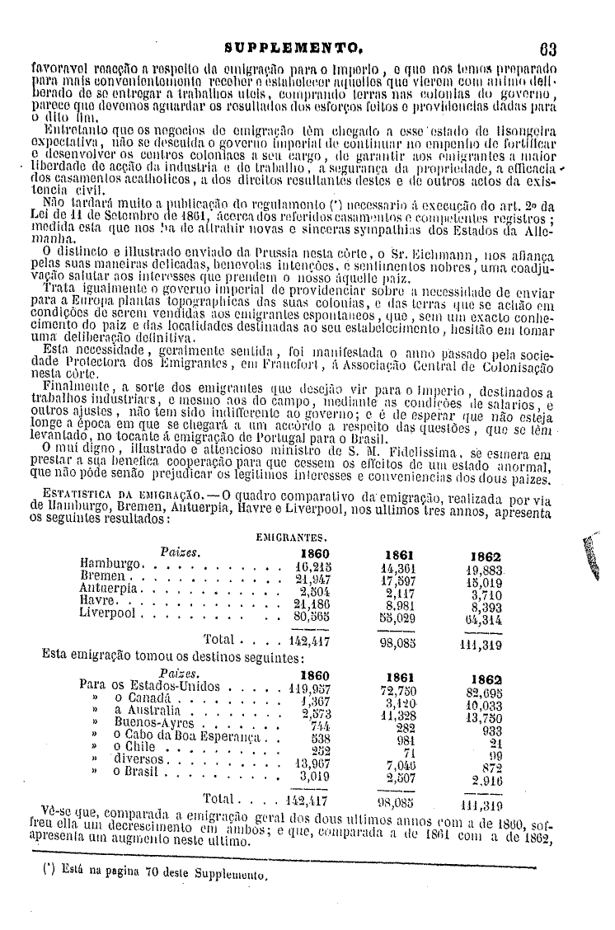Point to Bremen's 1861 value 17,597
pyautogui.click(x=398, y=579)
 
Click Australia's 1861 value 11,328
pyautogui.click(x=399, y=713)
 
